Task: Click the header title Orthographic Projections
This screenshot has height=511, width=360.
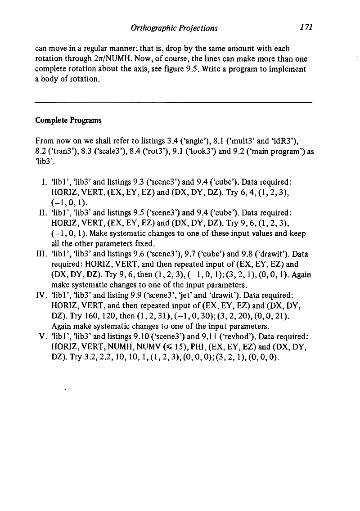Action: [174, 28]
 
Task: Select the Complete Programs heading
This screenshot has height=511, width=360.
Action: [68, 121]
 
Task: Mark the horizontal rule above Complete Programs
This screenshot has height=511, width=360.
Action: [173, 103]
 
